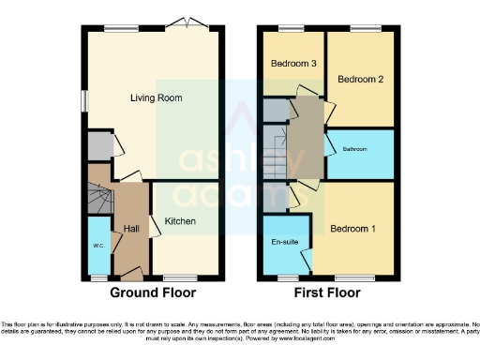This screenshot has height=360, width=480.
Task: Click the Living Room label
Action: (155, 97)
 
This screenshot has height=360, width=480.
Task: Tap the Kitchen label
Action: (180, 221)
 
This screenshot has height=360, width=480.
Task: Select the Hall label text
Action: (130, 228)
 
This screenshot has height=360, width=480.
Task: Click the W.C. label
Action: (97, 246)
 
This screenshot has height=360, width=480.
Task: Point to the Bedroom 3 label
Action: (292, 64)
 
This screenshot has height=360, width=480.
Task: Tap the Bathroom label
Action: (356, 149)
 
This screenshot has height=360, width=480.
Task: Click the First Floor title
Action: (328, 292)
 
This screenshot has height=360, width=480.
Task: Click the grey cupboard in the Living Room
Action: (97, 146)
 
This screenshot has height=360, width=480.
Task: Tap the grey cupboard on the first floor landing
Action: (276, 111)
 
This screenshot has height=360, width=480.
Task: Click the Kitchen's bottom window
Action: (178, 278)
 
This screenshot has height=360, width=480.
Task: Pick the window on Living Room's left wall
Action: (82, 101)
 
